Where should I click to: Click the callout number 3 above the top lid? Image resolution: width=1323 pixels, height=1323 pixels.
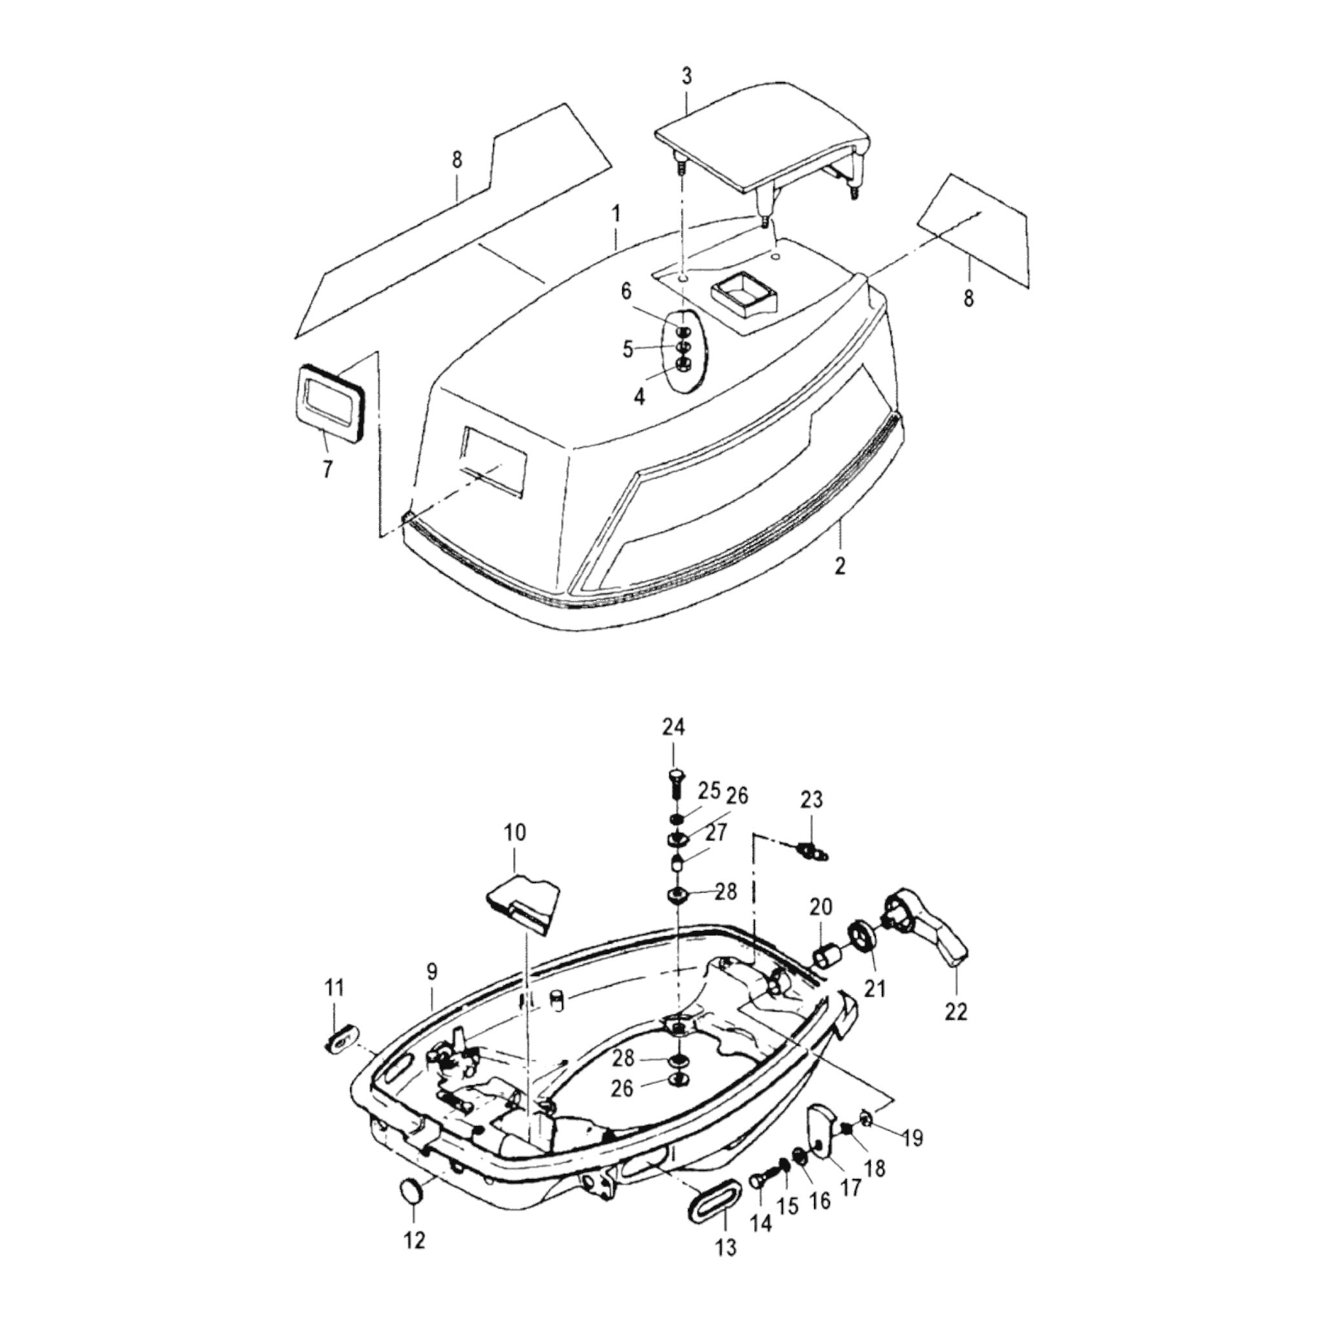[x=687, y=76]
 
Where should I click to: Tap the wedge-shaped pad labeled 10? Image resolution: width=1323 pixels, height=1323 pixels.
[x=524, y=905]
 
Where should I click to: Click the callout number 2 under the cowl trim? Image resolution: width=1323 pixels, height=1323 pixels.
[x=840, y=566]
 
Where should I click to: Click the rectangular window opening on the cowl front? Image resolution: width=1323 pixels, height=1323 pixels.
[x=494, y=463]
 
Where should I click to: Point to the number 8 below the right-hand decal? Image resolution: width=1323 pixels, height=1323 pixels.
[x=968, y=298]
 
